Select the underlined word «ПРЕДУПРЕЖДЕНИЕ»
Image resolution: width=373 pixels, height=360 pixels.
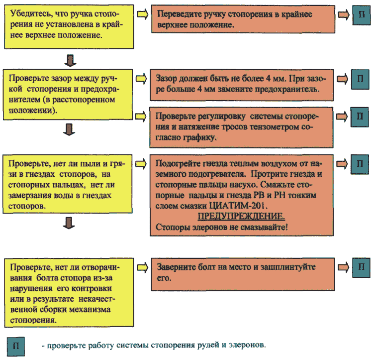[x=241, y=217]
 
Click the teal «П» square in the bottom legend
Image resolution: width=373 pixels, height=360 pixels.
[x=16, y=346]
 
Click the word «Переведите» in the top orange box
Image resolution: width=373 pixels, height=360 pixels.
[x=180, y=14]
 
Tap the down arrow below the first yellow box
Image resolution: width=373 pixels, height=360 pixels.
[x=71, y=60]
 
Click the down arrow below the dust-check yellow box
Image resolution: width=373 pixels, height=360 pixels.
[x=69, y=223]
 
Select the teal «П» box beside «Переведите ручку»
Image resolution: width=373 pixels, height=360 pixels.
[x=362, y=15]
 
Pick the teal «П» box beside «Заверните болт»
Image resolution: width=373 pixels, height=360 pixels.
[x=362, y=267]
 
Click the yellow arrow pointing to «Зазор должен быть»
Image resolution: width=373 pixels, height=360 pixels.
[x=141, y=79]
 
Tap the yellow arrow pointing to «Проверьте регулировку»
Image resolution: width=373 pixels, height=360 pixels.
[x=141, y=116]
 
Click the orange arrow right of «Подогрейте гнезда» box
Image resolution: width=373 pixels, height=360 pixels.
[x=342, y=164]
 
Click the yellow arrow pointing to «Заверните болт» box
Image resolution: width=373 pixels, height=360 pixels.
[x=143, y=267]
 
